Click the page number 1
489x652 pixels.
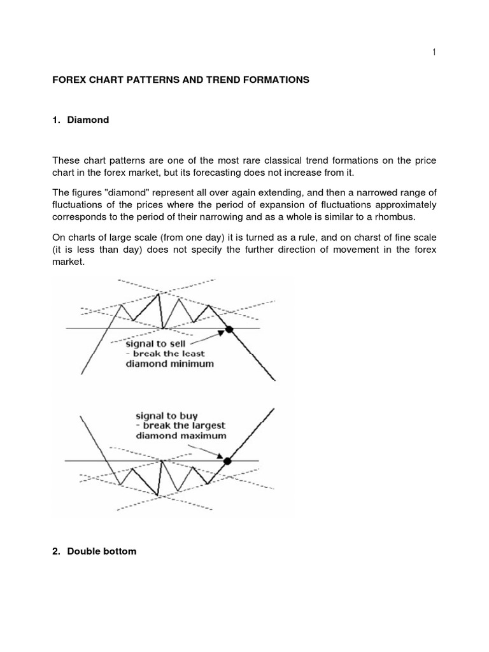[434, 53]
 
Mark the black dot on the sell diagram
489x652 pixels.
[229, 329]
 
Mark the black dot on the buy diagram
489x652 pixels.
[227, 460]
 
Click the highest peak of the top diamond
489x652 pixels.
[159, 293]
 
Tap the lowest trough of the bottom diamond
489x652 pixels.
[157, 494]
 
